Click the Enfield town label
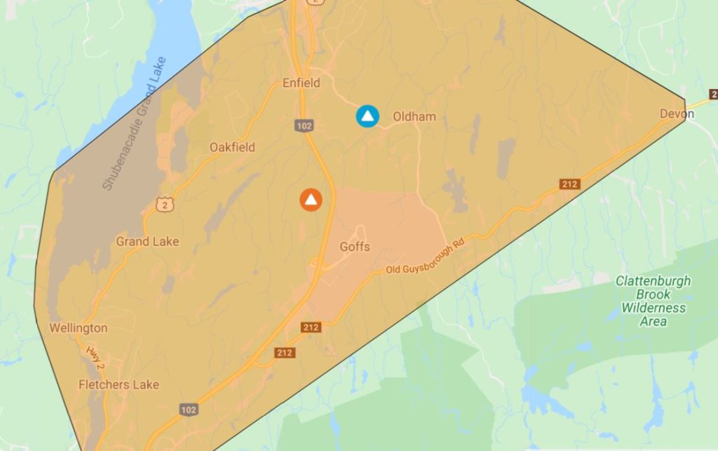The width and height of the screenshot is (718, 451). coord(301,83)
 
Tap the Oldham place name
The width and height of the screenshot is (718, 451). coord(414,116)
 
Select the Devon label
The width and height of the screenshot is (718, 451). coord(676,114)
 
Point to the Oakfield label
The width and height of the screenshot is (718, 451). coord(232,147)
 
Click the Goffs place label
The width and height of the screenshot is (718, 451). coord(354,247)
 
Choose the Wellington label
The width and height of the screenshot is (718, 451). coord(79,328)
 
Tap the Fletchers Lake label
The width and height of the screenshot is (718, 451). coord(118,384)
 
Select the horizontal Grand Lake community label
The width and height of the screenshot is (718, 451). coord(147,241)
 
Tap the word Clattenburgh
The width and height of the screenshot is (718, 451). coord(653,281)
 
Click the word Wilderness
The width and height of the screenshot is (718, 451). coord(653,308)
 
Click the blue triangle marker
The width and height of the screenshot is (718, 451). coord(367,116)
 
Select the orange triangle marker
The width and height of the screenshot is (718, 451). coord(311,200)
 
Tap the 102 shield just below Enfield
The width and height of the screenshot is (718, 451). coord(304,125)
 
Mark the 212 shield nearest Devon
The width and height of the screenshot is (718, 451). coord(569,184)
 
